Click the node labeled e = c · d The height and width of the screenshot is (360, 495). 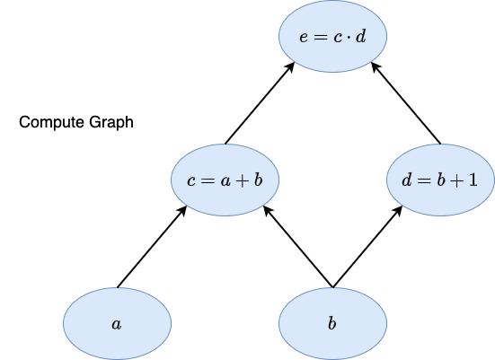coord(332,36)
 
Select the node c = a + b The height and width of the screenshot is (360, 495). coord(225,180)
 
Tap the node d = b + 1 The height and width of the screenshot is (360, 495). coord(441,180)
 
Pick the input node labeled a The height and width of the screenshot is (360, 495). coord(117,324)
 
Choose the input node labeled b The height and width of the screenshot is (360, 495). coord(332,324)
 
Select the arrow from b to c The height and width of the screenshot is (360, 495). coord(298,247)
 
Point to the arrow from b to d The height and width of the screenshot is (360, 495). coord(367,247)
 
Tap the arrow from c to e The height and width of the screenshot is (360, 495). coord(260,103)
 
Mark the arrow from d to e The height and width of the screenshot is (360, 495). coord(406,103)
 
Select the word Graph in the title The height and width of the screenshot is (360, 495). coord(111,122)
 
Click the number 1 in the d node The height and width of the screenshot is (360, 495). coord(473,180)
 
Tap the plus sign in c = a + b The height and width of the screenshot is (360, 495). coord(243,181)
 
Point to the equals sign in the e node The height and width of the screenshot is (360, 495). coord(320,37)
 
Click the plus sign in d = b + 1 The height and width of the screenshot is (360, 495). coord(457,181)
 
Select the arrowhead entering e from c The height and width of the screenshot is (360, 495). coord(290,67)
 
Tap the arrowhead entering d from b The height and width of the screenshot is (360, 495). coord(398,211)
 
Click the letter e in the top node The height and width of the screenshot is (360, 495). coord(304,37)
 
